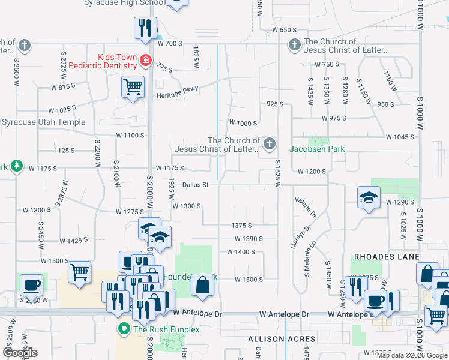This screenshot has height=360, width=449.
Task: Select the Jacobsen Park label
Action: pyautogui.click(x=317, y=149)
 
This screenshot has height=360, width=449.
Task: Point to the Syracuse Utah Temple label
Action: pyautogui.click(x=43, y=122)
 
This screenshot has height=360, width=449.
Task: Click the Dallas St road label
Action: pyautogui.click(x=195, y=185)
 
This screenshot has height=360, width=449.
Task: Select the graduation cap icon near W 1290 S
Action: pyautogui.click(x=367, y=197)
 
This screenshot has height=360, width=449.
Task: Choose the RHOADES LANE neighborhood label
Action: pyautogui.click(x=387, y=257)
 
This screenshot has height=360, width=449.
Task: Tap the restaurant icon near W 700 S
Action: pyautogui.click(x=145, y=28)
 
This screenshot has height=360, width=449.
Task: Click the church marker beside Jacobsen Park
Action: pyautogui.click(x=270, y=143)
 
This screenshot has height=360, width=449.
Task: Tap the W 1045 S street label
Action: pyautogui.click(x=400, y=137)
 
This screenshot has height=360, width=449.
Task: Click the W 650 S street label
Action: pyautogui.click(x=285, y=29)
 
